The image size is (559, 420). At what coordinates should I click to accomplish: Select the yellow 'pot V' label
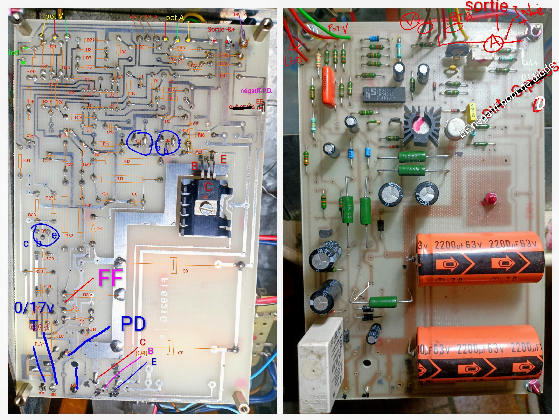tap(54, 16)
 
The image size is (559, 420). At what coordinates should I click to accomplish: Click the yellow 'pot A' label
tap(175, 18)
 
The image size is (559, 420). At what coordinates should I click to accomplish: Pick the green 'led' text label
tap(14, 53)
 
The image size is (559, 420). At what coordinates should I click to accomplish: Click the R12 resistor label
tap(127, 162)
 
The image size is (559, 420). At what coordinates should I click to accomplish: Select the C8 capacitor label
tap(185, 271)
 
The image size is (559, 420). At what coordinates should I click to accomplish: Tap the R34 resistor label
tap(26, 160)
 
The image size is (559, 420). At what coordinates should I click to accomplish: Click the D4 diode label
tap(99, 228)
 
